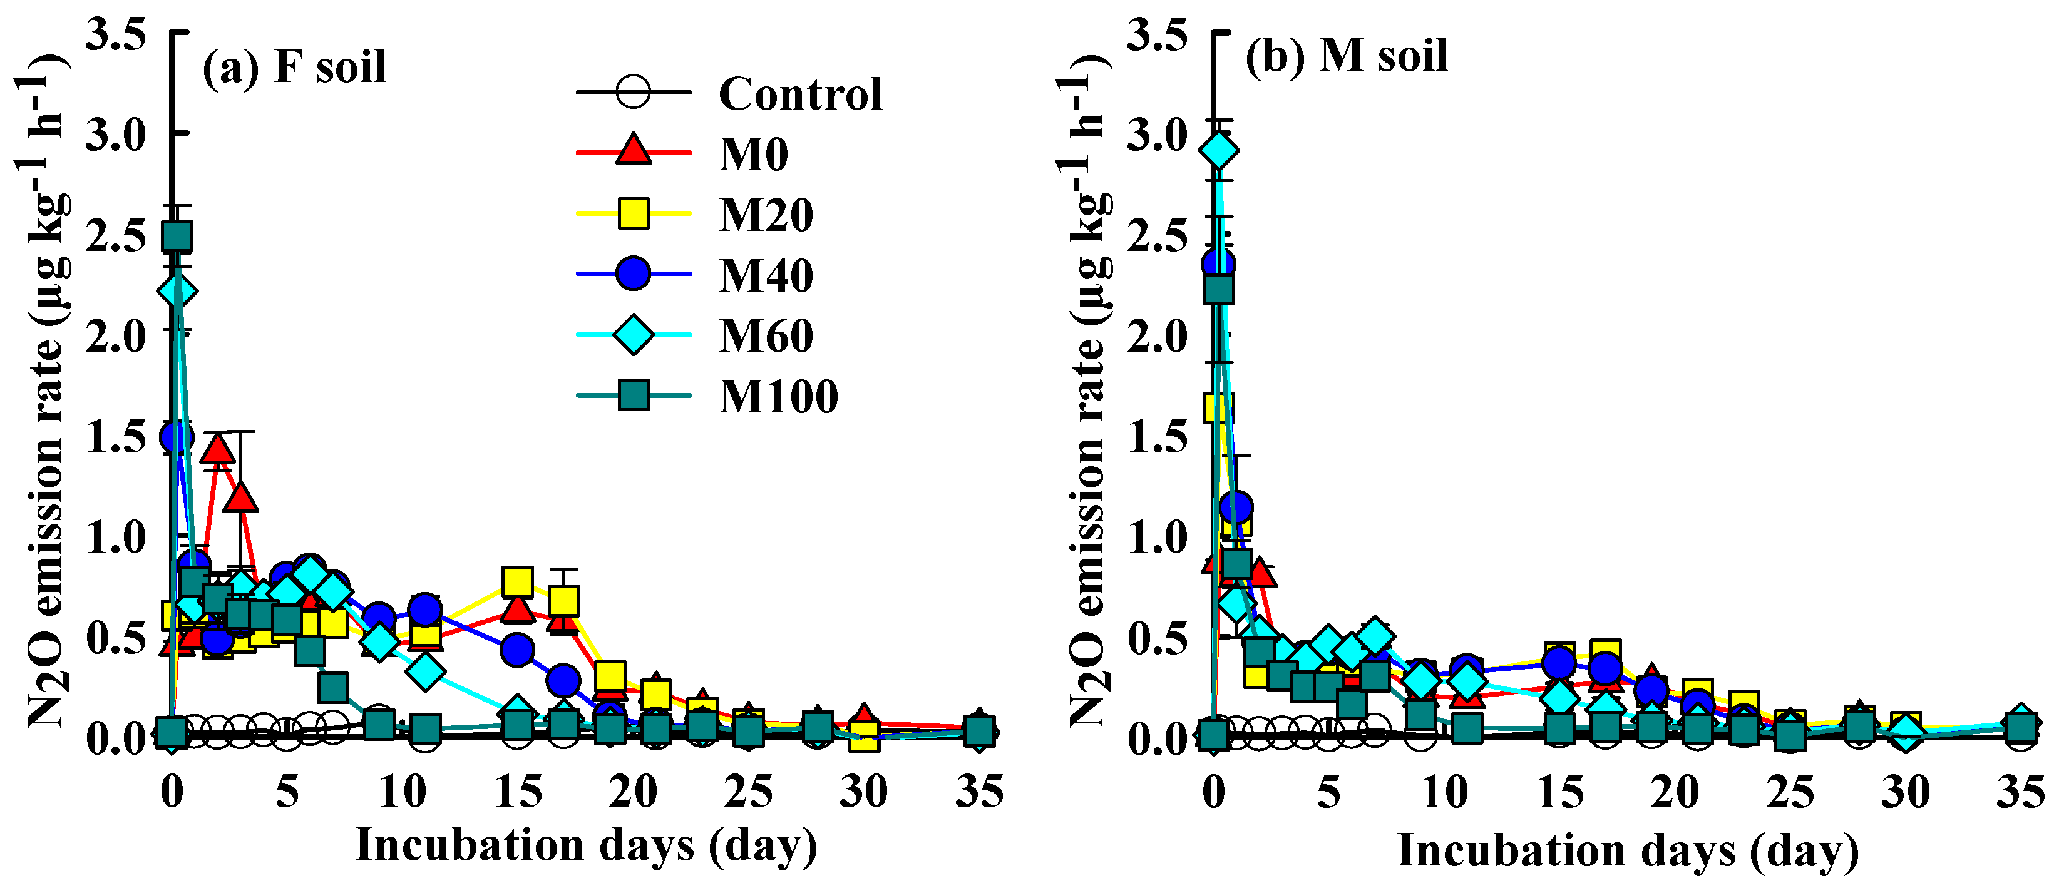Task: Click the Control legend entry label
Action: [x=800, y=94]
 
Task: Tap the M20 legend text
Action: [x=766, y=215]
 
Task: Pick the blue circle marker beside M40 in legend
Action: [x=634, y=273]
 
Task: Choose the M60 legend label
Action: [x=766, y=335]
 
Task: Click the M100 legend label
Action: [x=778, y=396]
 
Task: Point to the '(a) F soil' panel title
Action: [x=294, y=66]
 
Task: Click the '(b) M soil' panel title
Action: [x=1346, y=56]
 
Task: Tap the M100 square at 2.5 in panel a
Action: [x=176, y=237]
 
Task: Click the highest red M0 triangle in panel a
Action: [x=218, y=449]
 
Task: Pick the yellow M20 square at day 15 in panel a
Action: [x=518, y=582]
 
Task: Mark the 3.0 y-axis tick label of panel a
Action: [x=116, y=134]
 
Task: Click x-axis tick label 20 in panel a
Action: [x=632, y=792]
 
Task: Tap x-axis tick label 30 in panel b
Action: [x=1906, y=792]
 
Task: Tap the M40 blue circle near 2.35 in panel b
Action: [x=1218, y=264]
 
